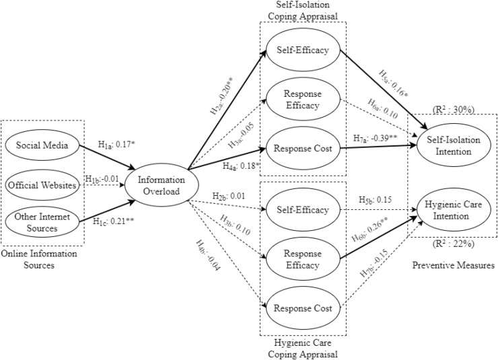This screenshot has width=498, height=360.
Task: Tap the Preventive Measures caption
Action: point(452,266)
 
